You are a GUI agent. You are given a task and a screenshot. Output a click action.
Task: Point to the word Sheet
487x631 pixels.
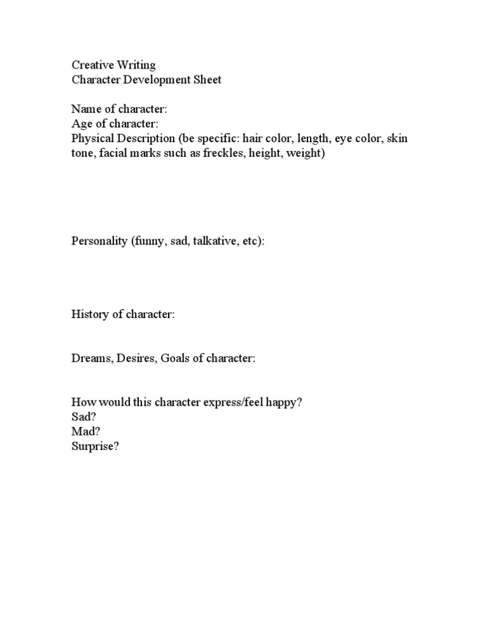207,81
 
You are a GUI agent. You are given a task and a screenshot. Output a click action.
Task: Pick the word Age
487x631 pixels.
81,124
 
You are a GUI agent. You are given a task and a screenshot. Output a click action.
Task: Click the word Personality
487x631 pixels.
100,242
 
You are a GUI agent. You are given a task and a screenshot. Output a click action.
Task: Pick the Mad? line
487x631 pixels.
86,432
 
